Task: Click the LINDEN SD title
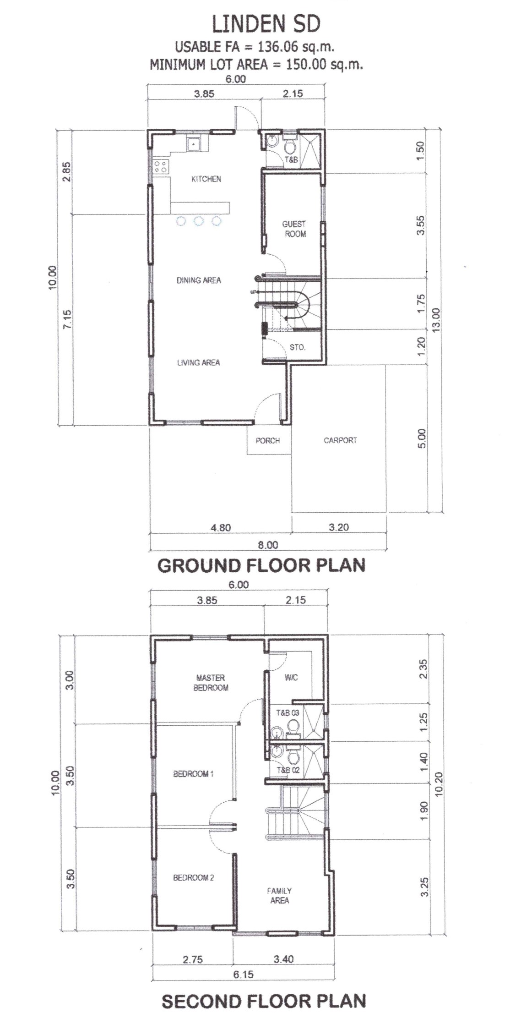click(266, 24)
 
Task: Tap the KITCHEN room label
click(206, 179)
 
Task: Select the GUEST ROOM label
click(294, 229)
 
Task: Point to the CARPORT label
click(340, 440)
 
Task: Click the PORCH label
click(268, 441)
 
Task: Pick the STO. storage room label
click(298, 347)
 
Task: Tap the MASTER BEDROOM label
click(211, 682)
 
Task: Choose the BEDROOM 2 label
click(194, 877)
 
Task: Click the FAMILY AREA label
click(279, 895)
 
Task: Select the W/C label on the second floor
click(291, 677)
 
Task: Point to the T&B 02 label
click(288, 770)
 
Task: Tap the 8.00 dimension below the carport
click(268, 545)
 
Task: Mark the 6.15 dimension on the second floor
click(243, 974)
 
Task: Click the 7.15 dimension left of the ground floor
click(67, 319)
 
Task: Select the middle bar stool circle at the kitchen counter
click(198, 221)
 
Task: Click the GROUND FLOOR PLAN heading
click(261, 565)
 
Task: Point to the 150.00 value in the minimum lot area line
click(306, 64)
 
